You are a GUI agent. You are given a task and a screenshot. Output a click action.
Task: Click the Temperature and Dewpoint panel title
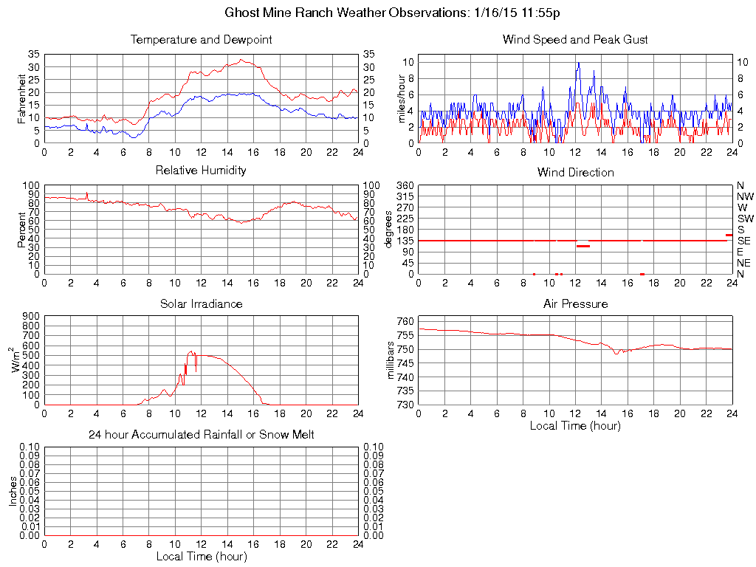coord(201,39)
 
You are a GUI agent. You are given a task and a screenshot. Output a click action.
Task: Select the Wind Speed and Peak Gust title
coord(575,39)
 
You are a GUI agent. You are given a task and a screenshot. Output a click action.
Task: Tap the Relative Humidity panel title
coord(201,171)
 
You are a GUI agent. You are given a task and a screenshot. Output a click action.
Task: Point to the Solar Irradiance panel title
coord(201,303)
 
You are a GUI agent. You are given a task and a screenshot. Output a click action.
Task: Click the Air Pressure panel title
coord(575,303)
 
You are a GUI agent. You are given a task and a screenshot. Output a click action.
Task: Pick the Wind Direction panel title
coord(575,172)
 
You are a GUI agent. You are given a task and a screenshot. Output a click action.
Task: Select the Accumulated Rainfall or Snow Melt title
coord(201,435)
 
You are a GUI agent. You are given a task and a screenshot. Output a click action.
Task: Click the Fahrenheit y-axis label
coord(22,98)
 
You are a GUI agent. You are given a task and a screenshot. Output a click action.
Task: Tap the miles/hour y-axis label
coord(402,98)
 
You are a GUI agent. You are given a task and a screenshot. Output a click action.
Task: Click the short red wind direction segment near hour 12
coord(583,246)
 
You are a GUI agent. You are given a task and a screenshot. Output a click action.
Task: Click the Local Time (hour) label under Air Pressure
coord(575,425)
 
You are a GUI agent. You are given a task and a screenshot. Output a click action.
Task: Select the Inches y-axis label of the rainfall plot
coord(13,491)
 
